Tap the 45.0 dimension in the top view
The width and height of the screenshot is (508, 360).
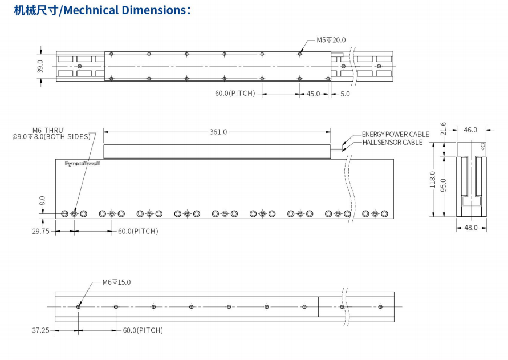[313, 94]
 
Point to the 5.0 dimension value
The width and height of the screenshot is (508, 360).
[345, 94]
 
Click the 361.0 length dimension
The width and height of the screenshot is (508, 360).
[218, 132]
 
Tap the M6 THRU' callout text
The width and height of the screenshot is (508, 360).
[48, 130]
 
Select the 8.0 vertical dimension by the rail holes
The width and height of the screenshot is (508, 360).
[42, 201]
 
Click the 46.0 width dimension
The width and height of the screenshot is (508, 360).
[470, 130]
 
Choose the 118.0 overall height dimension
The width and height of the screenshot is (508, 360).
[432, 179]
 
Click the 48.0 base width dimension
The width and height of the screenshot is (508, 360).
[471, 228]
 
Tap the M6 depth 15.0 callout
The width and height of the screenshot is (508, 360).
[116, 282]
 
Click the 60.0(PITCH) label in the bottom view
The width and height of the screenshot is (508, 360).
[143, 330]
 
